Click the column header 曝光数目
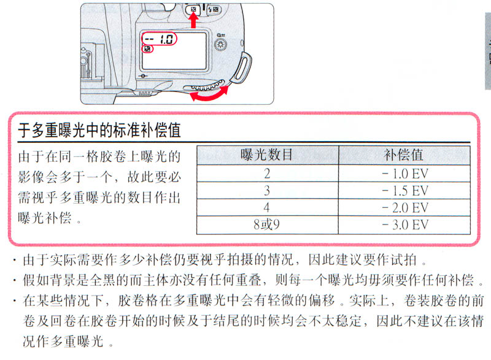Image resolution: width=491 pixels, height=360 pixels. pyautogui.click(x=267, y=155)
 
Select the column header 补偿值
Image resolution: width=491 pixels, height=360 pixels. pyautogui.click(x=404, y=155)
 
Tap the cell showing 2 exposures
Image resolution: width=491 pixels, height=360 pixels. pyautogui.click(x=267, y=174)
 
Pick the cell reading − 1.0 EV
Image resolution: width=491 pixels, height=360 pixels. pyautogui.click(x=405, y=174)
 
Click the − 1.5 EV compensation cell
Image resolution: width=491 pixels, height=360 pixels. pyautogui.click(x=405, y=191)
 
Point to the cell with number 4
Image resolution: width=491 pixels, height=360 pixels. pyautogui.click(x=267, y=207)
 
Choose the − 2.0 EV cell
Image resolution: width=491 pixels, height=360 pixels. pyautogui.click(x=405, y=207)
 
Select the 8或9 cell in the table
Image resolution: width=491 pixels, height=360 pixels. pyautogui.click(x=267, y=224)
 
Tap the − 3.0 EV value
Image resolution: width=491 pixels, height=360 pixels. pyautogui.click(x=405, y=224)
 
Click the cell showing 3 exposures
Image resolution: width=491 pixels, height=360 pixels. pyautogui.click(x=267, y=191)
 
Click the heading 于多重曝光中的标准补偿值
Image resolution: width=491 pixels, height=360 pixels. pyautogui.click(x=99, y=130)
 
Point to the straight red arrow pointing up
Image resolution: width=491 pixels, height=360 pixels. pyautogui.click(x=193, y=21)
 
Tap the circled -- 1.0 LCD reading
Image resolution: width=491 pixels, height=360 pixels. pyautogui.click(x=160, y=39)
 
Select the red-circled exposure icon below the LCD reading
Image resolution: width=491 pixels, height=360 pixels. pyautogui.click(x=147, y=49)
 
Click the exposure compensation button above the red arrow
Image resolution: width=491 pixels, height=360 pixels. pyautogui.click(x=193, y=10)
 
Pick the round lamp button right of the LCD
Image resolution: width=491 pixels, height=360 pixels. pyautogui.click(x=221, y=45)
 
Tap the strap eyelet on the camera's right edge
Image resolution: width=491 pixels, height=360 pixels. pyautogui.click(x=241, y=68)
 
